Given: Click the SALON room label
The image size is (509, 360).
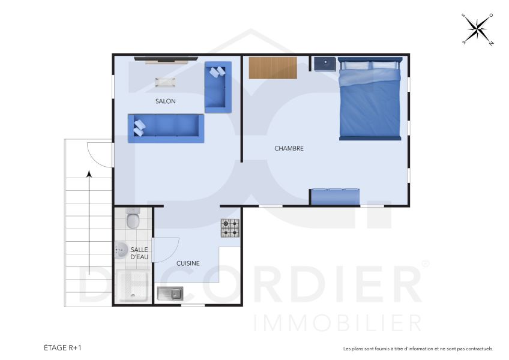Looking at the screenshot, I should [x=165, y=101].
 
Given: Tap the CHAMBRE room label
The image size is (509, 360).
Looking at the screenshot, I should [x=289, y=148].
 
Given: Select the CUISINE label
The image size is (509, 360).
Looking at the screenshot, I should [x=188, y=263].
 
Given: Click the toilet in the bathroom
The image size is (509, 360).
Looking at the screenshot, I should [x=133, y=220].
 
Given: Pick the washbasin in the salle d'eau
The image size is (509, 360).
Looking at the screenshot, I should [x=121, y=250].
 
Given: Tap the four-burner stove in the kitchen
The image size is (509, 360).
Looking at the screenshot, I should [x=230, y=228].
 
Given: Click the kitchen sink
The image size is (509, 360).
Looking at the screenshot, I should [x=170, y=293].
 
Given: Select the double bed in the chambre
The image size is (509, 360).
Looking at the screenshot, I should [x=370, y=99].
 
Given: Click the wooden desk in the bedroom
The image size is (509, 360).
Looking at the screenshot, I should [x=273, y=67].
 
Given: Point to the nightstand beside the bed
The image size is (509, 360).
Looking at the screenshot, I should [x=325, y=64].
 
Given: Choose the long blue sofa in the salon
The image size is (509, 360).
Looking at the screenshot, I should [x=166, y=128].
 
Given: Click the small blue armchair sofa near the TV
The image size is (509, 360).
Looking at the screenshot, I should [x=217, y=87].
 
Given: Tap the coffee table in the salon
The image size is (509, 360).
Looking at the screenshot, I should [x=165, y=82].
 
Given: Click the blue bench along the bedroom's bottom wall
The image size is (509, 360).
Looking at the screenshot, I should [x=336, y=197].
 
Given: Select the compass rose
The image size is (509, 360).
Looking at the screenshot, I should [x=477, y=29].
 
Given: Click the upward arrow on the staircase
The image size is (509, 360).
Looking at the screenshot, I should [x=89, y=222].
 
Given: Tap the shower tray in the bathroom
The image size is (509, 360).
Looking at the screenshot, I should [x=133, y=286].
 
